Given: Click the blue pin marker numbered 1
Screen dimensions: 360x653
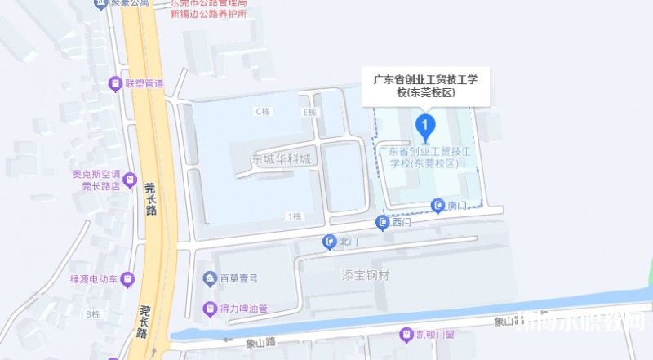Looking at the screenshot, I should pos(425,126).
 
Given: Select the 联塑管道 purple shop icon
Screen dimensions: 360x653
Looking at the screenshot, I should pos(118,83).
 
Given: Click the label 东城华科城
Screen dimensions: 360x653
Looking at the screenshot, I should pos(281,159).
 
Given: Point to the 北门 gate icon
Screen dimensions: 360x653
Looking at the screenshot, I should pos(329,241).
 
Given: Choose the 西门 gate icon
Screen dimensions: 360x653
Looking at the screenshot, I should pos(382,222).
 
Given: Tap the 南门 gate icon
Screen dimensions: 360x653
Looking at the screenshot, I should pos(439,206).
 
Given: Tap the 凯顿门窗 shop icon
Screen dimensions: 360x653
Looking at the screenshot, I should pos(406,334).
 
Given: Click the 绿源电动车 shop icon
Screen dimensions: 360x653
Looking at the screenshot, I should pos(127,278).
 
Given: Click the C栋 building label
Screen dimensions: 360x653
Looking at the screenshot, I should pos(262,111).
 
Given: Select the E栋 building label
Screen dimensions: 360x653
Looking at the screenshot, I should pos(309,112).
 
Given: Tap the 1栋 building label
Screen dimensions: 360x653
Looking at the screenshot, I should pos(295,216).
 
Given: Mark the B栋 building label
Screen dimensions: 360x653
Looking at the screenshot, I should pos(91,313).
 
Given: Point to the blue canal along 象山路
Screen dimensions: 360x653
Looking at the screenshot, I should pos(408,314).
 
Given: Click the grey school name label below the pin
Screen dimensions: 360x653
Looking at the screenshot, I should pos(425,157).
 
